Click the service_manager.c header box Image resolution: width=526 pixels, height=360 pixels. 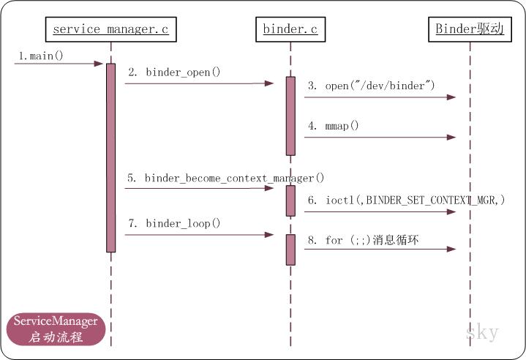pos(111,30)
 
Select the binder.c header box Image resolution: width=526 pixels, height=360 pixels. pos(290,30)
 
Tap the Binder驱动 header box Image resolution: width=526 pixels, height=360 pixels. pos(470,30)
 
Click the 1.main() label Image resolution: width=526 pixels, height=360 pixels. pos(37,55)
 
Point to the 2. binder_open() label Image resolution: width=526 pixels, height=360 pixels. pos(174,72)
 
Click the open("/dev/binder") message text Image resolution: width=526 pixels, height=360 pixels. pos(372,86)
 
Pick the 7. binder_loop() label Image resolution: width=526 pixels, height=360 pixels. pos(174,222)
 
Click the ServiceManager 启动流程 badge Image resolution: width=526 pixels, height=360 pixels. pos(56,329)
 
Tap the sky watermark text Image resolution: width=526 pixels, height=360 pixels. pos(482,332)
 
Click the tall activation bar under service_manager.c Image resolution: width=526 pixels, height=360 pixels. pos(111,157)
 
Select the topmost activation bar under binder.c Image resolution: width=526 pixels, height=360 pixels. pos(290,116)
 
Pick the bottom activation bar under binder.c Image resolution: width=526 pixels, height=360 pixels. pos(290,249)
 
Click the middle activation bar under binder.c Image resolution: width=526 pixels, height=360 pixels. pos(290,200)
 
